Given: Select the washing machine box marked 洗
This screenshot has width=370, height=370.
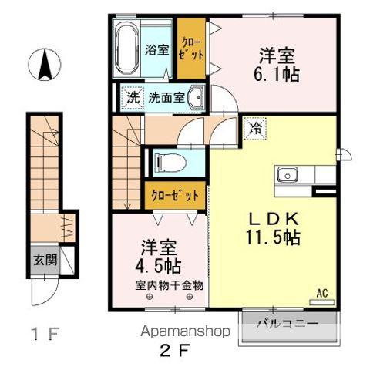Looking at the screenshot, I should [133, 98].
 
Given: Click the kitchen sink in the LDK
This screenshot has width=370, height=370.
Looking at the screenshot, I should [288, 173].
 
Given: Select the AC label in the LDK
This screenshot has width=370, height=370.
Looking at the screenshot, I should [322, 293].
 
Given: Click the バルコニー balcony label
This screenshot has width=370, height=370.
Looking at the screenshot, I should [289, 324].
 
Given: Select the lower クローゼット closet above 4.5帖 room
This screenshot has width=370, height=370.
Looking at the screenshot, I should [175, 196].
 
